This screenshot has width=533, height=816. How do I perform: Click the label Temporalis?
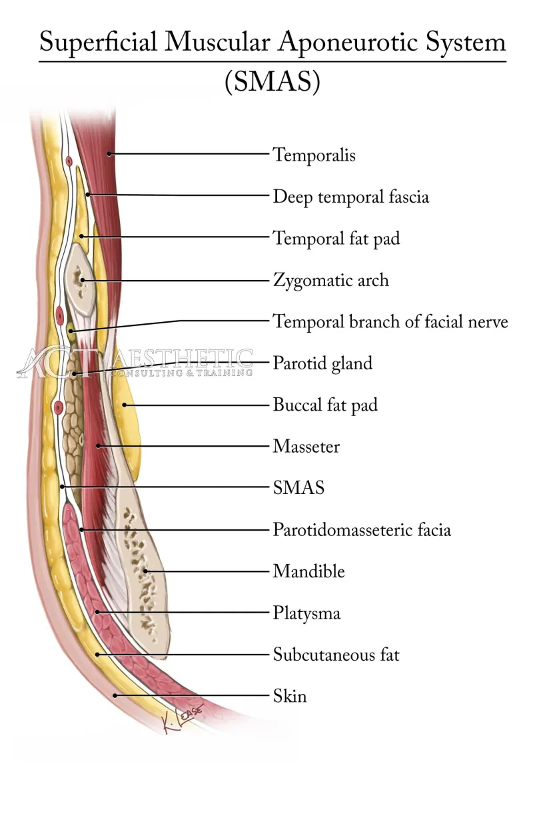point(314,155)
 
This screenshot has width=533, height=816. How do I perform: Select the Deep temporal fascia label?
point(350,197)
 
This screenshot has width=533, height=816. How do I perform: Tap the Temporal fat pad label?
point(336,239)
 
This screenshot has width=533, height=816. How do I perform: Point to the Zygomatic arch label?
point(330,280)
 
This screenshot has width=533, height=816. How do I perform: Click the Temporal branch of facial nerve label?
point(390,322)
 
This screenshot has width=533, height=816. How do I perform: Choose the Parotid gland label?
point(322,364)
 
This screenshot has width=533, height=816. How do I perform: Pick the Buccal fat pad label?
point(325,405)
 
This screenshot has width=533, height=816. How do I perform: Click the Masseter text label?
point(306,447)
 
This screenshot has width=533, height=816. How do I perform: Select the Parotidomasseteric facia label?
point(362,530)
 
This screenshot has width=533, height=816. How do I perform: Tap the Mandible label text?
point(308,571)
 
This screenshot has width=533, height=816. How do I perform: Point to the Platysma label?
point(306,613)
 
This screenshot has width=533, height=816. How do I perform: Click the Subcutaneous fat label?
point(336,655)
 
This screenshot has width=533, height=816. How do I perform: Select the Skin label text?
point(290,697)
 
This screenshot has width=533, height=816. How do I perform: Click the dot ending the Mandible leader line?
point(147,571)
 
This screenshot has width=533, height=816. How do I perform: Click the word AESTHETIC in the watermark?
point(183,358)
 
